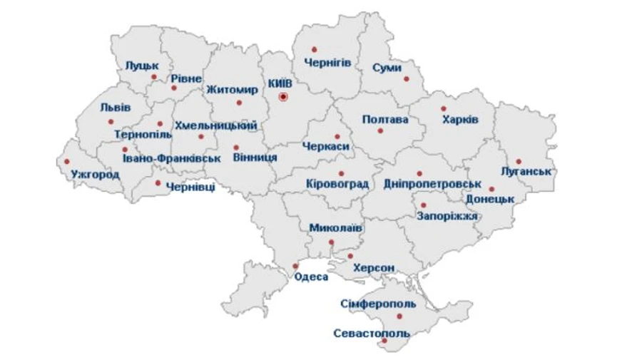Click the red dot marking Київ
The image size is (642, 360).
click(x=283, y=96)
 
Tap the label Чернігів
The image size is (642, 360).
click(x=327, y=63)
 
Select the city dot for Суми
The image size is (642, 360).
click(x=407, y=79)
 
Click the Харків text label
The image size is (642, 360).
click(x=459, y=119)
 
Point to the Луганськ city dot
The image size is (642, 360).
click(x=519, y=161)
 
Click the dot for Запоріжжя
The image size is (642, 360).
click(x=423, y=205)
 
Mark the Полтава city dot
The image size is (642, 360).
click(x=380, y=130)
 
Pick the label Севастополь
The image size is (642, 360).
click(x=372, y=333)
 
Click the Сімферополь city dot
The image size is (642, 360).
click(x=400, y=316)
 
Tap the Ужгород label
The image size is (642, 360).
click(x=96, y=174)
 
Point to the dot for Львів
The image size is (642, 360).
click(x=111, y=122)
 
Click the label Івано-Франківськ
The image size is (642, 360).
click(x=171, y=158)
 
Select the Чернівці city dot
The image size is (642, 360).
click(x=158, y=182)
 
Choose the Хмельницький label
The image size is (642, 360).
click(x=216, y=125)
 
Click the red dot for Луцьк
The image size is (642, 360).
click(x=153, y=76)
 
